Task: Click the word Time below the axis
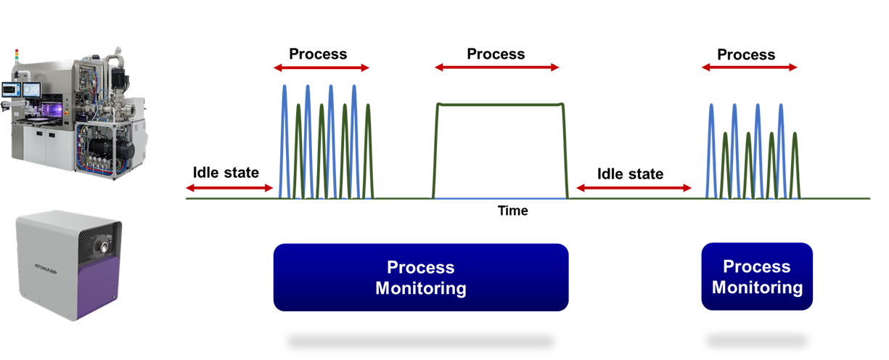pos(512,211)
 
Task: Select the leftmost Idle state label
pos(226,173)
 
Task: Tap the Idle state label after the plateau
pos(630,174)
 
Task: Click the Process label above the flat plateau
pos(496,54)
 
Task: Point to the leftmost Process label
pos(318,54)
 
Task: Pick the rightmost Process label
pos(746,55)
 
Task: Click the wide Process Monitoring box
pos(420,277)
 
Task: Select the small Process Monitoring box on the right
pos(757,277)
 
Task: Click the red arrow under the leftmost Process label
pos(321,68)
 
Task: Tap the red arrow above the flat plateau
pos(497,67)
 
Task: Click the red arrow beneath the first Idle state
pos(229,188)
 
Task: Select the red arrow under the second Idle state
pos(634,188)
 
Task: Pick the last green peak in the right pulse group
pos(796,135)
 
